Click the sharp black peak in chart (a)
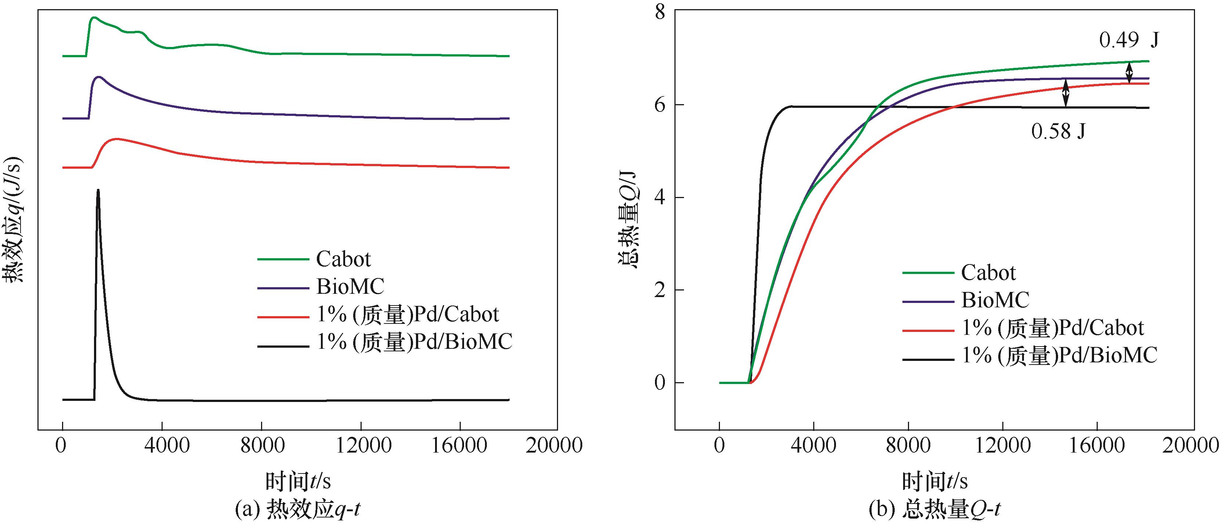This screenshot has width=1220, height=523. tap(98, 191)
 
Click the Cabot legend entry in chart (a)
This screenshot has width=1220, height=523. tap(343, 259)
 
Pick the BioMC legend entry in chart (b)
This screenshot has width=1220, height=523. tap(995, 300)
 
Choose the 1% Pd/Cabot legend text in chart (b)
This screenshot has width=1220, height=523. tap(1052, 328)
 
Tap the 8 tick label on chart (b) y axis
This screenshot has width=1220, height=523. tap(660, 12)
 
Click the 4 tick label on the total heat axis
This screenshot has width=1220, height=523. tap(660, 197)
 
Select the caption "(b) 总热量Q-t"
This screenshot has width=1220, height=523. tap(935, 510)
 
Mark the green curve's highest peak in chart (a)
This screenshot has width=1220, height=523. tap(94, 18)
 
